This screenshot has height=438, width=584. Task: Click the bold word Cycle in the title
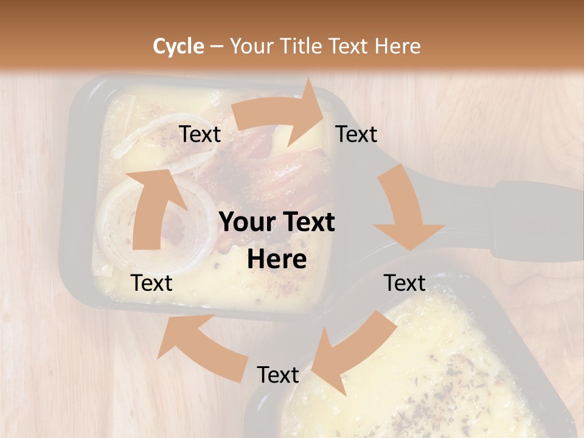[178, 46]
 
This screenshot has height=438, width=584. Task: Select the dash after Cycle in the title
[216, 46]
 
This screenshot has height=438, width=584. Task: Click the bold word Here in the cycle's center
[277, 260]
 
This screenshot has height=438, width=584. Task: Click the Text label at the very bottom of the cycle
[277, 375]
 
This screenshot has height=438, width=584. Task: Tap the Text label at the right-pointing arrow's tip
[356, 134]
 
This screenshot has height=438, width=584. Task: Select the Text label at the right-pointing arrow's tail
[200, 134]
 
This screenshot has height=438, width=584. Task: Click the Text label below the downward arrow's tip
[405, 283]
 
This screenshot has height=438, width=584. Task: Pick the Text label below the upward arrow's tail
[151, 283]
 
